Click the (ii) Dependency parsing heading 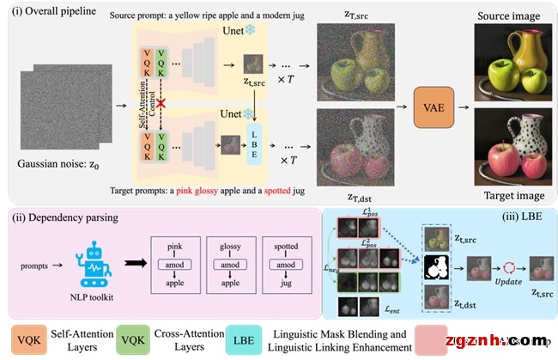pyautogui.click(x=61, y=217)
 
